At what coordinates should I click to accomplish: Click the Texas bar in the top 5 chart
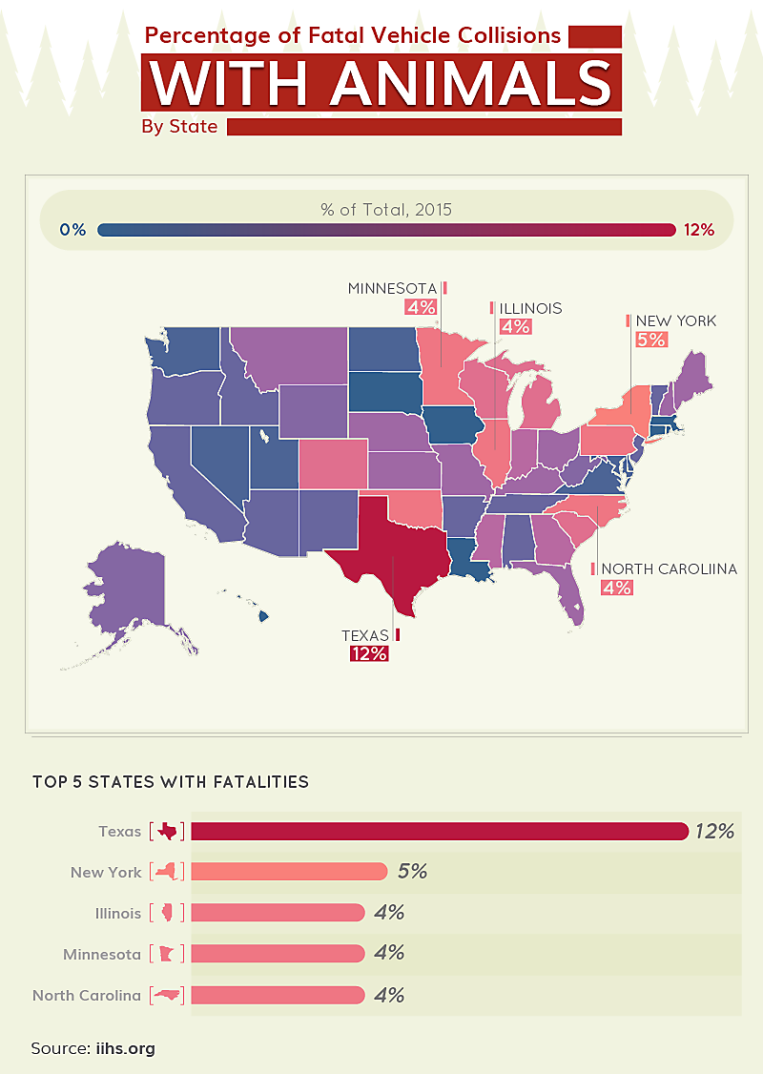pyautogui.click(x=439, y=831)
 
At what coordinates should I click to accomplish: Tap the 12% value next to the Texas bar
pyautogui.click(x=714, y=831)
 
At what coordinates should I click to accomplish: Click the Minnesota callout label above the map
pyautogui.click(x=392, y=288)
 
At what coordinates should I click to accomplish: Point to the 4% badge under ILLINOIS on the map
pyautogui.click(x=515, y=327)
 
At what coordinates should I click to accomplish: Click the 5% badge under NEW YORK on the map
pyautogui.click(x=651, y=340)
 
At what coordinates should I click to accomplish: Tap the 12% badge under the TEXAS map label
pyautogui.click(x=368, y=653)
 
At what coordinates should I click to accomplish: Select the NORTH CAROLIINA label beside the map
pyautogui.click(x=669, y=568)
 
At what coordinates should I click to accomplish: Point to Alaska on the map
pyautogui.click(x=134, y=591)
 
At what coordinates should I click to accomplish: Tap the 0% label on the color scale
pyautogui.click(x=72, y=230)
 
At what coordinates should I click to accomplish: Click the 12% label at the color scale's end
pyautogui.click(x=699, y=230)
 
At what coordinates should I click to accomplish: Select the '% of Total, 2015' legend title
pyautogui.click(x=386, y=209)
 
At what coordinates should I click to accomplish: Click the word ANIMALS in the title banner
pyautogui.click(x=470, y=83)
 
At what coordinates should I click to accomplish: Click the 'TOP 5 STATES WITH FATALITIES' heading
pyautogui.click(x=171, y=782)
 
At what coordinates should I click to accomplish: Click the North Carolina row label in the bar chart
pyautogui.click(x=87, y=995)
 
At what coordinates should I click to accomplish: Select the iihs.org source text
pyautogui.click(x=125, y=1048)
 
